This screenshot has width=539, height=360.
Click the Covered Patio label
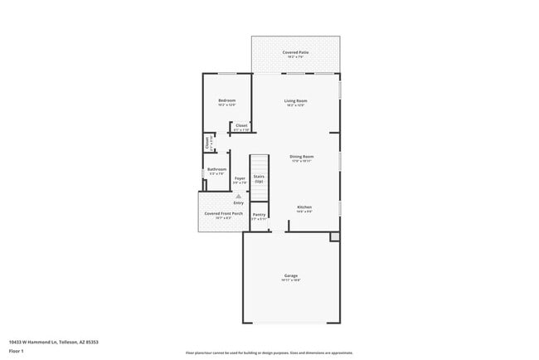click(x=295, y=53)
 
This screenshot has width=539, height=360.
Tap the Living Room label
click(x=295, y=102)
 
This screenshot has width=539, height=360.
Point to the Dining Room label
click(x=301, y=158)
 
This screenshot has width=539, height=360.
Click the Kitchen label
click(x=304, y=208)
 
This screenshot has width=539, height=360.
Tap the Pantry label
click(x=259, y=216)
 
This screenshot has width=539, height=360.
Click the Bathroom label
click(x=216, y=171)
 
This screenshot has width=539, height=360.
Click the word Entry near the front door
click(x=239, y=202)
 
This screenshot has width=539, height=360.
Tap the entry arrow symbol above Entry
click(x=239, y=196)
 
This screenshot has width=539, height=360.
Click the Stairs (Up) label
click(x=259, y=178)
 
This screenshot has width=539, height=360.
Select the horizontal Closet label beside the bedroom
click(x=241, y=127)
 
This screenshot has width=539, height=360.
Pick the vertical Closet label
click(x=207, y=143)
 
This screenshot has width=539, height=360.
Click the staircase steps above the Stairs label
click(x=260, y=163)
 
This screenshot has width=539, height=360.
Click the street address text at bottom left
click(x=47, y=341)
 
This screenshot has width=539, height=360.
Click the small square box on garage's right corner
click(x=334, y=237)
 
